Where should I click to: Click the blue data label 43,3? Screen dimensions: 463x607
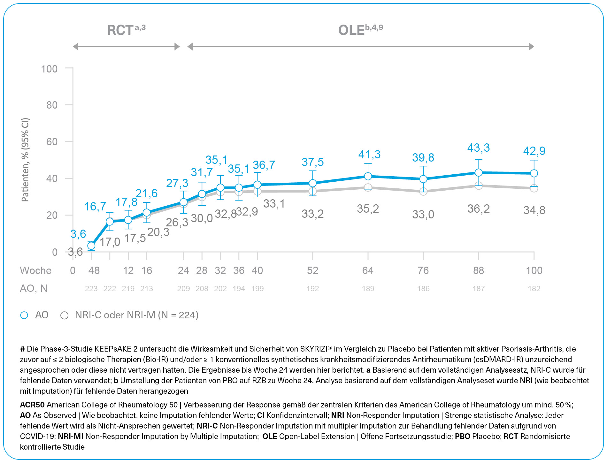(x=478, y=148)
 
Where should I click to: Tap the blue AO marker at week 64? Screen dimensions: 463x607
(x=368, y=176)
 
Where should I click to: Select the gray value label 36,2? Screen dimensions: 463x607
(x=478, y=209)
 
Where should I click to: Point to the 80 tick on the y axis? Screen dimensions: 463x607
(x=52, y=105)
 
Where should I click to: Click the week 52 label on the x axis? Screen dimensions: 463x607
(x=312, y=270)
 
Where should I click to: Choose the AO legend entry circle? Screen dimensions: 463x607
(x=24, y=315)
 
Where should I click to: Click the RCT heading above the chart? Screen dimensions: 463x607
(x=120, y=30)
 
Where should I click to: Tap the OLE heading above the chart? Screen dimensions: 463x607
(x=351, y=30)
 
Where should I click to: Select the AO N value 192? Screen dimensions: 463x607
(x=312, y=289)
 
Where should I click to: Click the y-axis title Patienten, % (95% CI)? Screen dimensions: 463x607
(x=25, y=160)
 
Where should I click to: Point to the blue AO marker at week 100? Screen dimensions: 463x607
(x=534, y=173)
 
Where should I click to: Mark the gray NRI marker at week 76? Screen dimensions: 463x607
(x=423, y=192)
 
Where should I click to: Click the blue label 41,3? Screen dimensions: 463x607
(x=369, y=155)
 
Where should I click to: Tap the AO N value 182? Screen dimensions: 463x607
(x=534, y=289)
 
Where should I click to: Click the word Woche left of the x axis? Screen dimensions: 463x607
(x=35, y=270)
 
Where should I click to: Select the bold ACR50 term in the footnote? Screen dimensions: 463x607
(x=32, y=405)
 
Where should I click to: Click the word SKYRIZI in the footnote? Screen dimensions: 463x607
(x=314, y=349)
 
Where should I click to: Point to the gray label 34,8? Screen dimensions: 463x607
(x=534, y=210)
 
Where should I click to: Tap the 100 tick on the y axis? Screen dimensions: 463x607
(x=49, y=69)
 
